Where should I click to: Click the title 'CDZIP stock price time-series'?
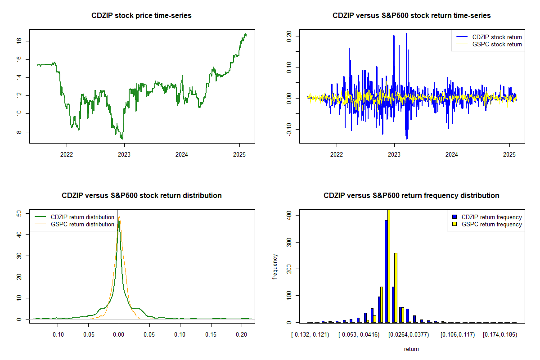tap(142, 16)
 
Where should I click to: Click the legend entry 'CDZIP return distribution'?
tap(82, 217)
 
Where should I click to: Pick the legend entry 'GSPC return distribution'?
tap(82, 224)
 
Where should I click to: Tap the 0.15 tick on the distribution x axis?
tap(211, 335)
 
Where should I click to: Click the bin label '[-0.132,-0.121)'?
tap(310, 335)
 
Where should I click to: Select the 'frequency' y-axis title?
tap(275, 267)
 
